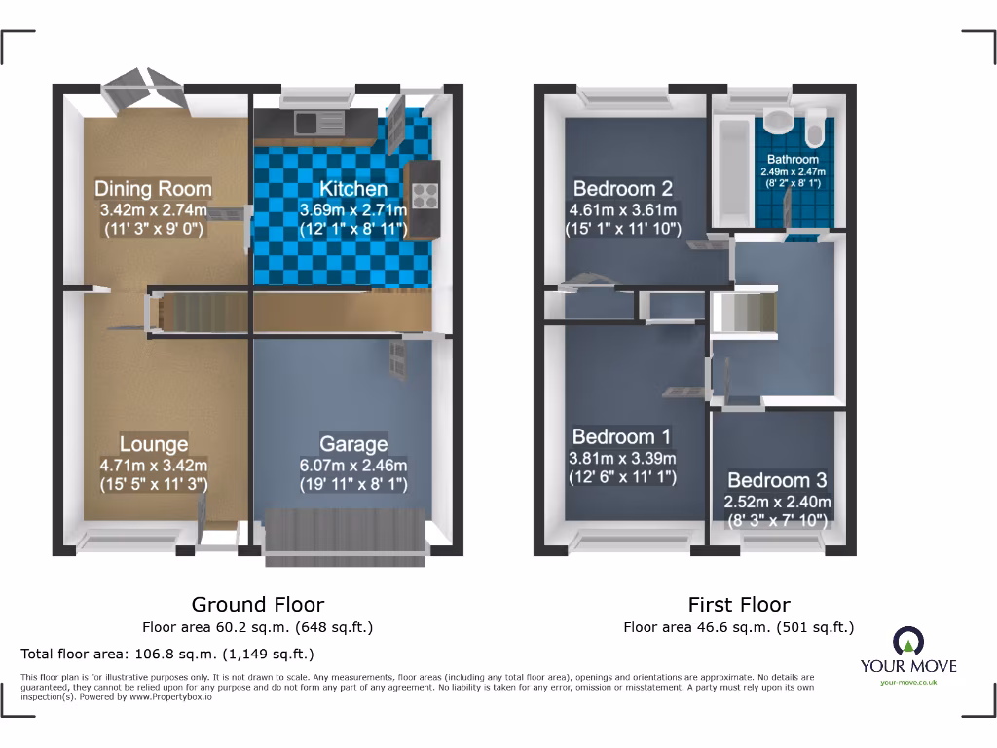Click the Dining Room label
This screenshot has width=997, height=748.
point(153,188)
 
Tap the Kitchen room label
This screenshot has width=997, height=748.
point(354,188)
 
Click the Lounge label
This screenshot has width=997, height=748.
point(154,444)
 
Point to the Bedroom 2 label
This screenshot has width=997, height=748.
point(623,188)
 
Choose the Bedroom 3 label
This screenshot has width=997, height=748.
point(777,480)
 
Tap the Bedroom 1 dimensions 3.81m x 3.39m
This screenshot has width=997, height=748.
point(623,458)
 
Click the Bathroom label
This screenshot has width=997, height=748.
point(793,159)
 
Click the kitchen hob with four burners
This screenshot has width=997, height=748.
point(425,196)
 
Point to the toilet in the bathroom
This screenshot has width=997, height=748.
point(816,129)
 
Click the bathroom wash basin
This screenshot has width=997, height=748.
point(778,121)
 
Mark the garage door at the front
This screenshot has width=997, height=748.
point(346,536)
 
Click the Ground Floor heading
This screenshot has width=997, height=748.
point(258,605)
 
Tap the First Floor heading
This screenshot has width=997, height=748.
point(739,605)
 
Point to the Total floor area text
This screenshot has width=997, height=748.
point(167,654)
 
